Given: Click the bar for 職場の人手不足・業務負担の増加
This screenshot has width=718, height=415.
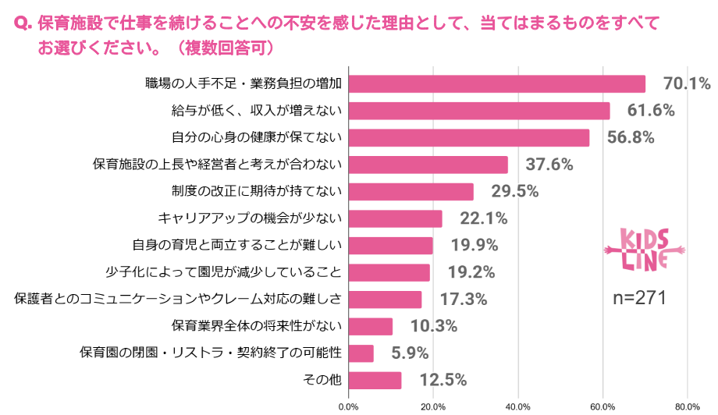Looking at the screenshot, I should pos(497,83).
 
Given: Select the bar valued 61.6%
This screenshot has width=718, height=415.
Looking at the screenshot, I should pos(479,111).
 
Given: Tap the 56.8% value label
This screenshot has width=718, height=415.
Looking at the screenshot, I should pos(631,137).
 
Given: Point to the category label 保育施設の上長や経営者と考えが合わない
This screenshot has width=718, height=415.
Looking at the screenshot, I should pos(218,165).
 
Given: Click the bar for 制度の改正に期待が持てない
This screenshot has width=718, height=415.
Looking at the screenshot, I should pos(411,192).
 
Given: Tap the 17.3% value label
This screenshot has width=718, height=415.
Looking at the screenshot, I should pos(464,300).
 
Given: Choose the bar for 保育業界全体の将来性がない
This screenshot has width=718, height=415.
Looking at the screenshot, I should pos(371,326).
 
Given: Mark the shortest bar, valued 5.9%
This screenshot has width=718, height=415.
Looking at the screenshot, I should pos(361,353).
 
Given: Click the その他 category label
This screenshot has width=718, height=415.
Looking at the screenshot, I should pos(322,381).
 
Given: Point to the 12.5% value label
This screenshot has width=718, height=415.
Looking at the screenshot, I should pos(443,381).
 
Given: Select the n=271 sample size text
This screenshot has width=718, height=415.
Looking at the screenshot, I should pos(639,297).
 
